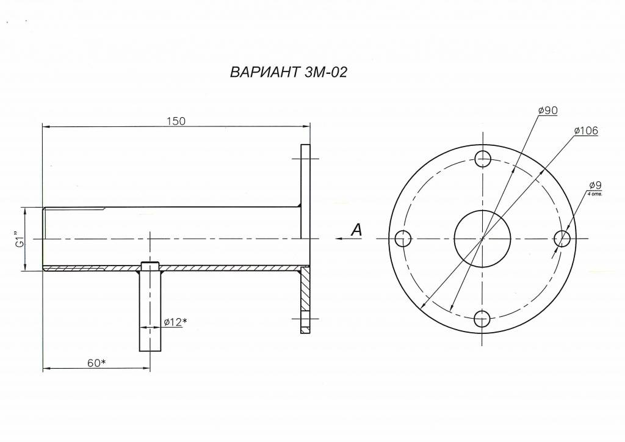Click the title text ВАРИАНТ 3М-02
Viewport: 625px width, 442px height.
[x=289, y=72]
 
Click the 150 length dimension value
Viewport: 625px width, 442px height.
[x=176, y=121]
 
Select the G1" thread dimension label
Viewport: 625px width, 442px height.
[x=20, y=238]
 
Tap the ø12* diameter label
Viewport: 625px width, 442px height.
[x=175, y=322]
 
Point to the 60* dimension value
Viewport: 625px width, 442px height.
[x=96, y=363]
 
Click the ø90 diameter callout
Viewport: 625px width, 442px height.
[x=547, y=111]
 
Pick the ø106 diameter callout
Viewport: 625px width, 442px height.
[x=586, y=131]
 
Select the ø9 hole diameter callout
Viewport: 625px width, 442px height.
[x=596, y=186]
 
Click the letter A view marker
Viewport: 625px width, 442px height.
[x=356, y=230]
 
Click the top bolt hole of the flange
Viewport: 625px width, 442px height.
[x=483, y=159]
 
